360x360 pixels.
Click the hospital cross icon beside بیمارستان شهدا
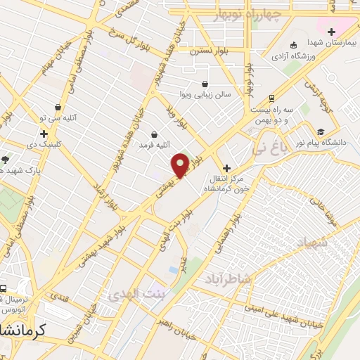pos(331,31)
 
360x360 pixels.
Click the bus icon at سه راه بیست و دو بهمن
pos(272,98)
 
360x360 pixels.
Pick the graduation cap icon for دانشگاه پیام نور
pos(321,131)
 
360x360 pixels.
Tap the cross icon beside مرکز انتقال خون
pos(226,169)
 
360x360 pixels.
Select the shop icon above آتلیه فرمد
pos(154,134)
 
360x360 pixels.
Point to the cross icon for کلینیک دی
pos(44,133)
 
